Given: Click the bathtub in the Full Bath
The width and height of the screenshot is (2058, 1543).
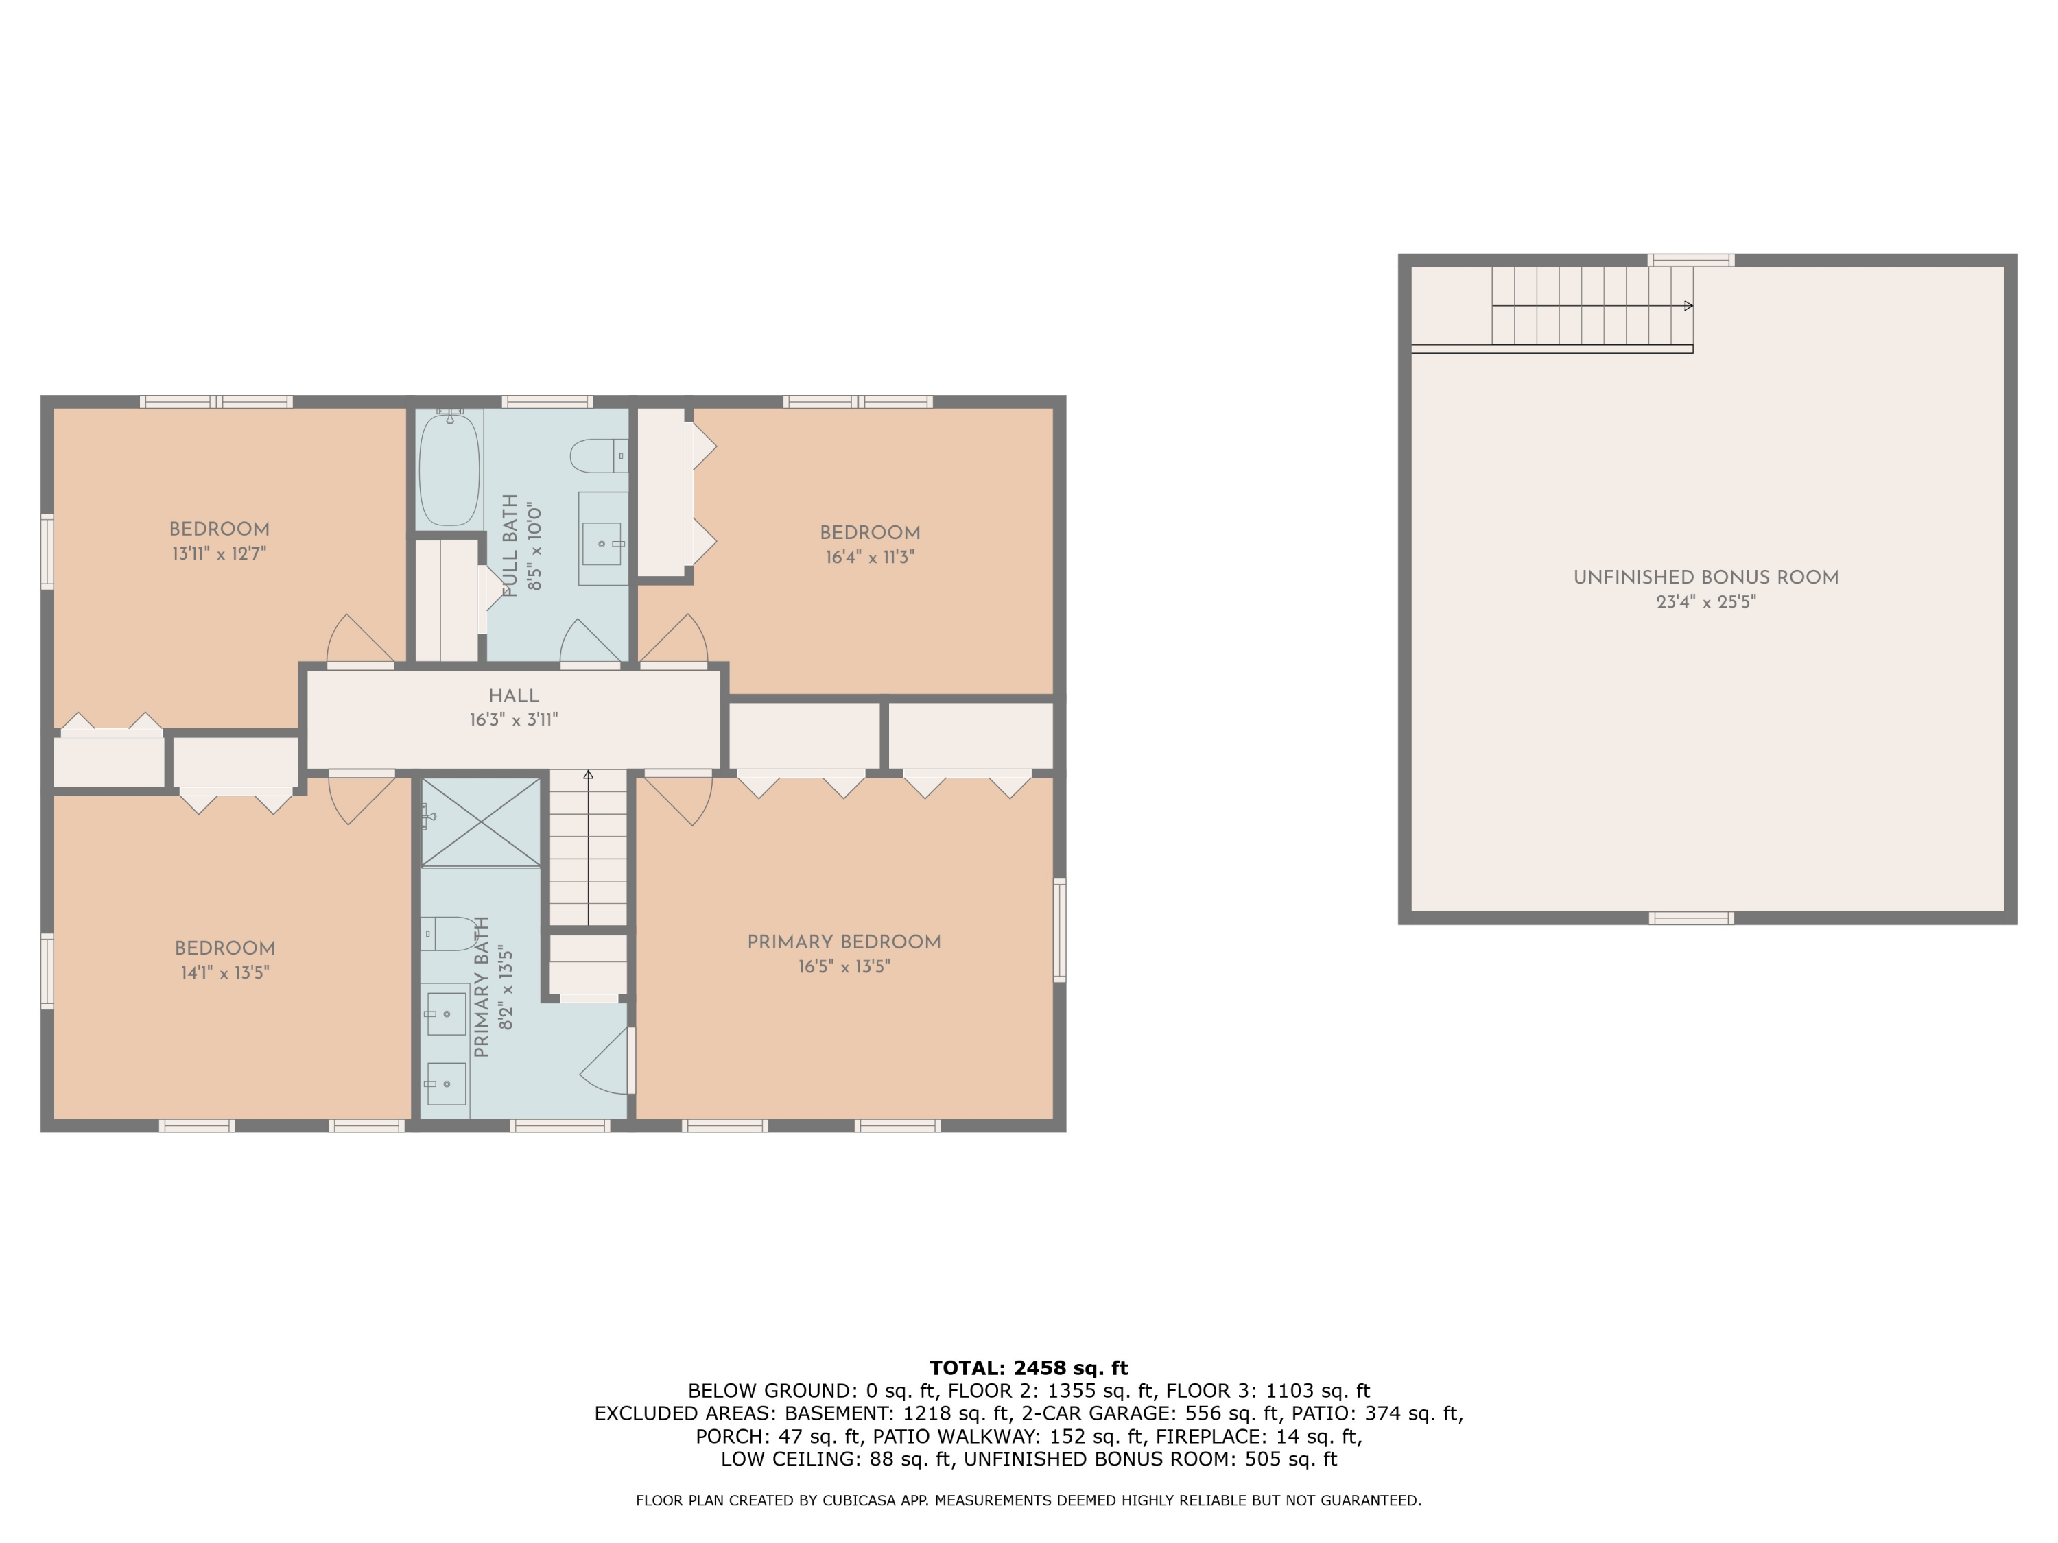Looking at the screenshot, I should (449, 470).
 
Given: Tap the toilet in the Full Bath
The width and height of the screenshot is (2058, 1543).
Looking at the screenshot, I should (595, 456).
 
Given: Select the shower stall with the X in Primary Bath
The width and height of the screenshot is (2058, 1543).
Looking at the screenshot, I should (480, 822).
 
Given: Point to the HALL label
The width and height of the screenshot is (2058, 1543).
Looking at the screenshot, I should (514, 695).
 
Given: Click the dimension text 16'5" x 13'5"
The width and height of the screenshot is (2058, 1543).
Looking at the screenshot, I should (844, 966).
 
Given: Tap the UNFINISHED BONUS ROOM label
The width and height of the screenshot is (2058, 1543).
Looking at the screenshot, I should (1705, 577).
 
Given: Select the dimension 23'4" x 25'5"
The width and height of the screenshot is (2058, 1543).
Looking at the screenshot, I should (1705, 601).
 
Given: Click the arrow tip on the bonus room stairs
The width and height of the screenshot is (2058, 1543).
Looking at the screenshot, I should (1689, 306).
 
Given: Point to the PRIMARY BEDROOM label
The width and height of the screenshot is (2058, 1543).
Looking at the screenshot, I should (844, 942).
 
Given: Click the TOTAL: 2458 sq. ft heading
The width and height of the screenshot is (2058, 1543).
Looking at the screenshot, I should (1028, 1368).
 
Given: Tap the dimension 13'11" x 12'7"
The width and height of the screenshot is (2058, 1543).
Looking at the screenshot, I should (219, 553).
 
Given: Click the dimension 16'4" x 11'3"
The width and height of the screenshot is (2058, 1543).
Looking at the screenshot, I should (870, 557).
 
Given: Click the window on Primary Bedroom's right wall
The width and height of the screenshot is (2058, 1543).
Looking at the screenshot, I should (1058, 929).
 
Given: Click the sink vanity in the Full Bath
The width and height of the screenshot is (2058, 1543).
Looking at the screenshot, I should (603, 540).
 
